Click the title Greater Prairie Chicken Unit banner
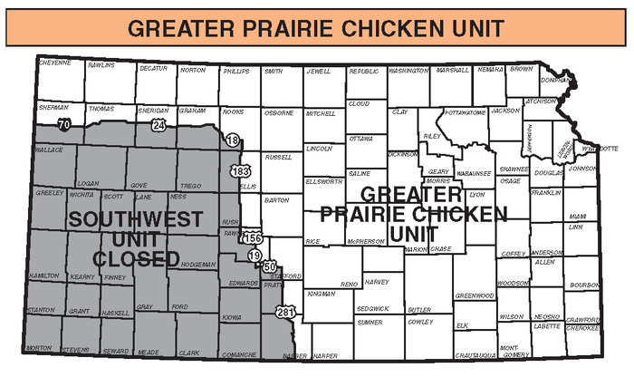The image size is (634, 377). [316, 26]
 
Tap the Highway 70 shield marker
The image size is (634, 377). [63, 123]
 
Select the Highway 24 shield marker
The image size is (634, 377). [158, 125]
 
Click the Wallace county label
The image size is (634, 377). [49, 149]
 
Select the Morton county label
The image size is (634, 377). [39, 348]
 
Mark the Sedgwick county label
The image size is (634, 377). [372, 308]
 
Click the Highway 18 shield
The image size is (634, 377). [234, 140]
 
